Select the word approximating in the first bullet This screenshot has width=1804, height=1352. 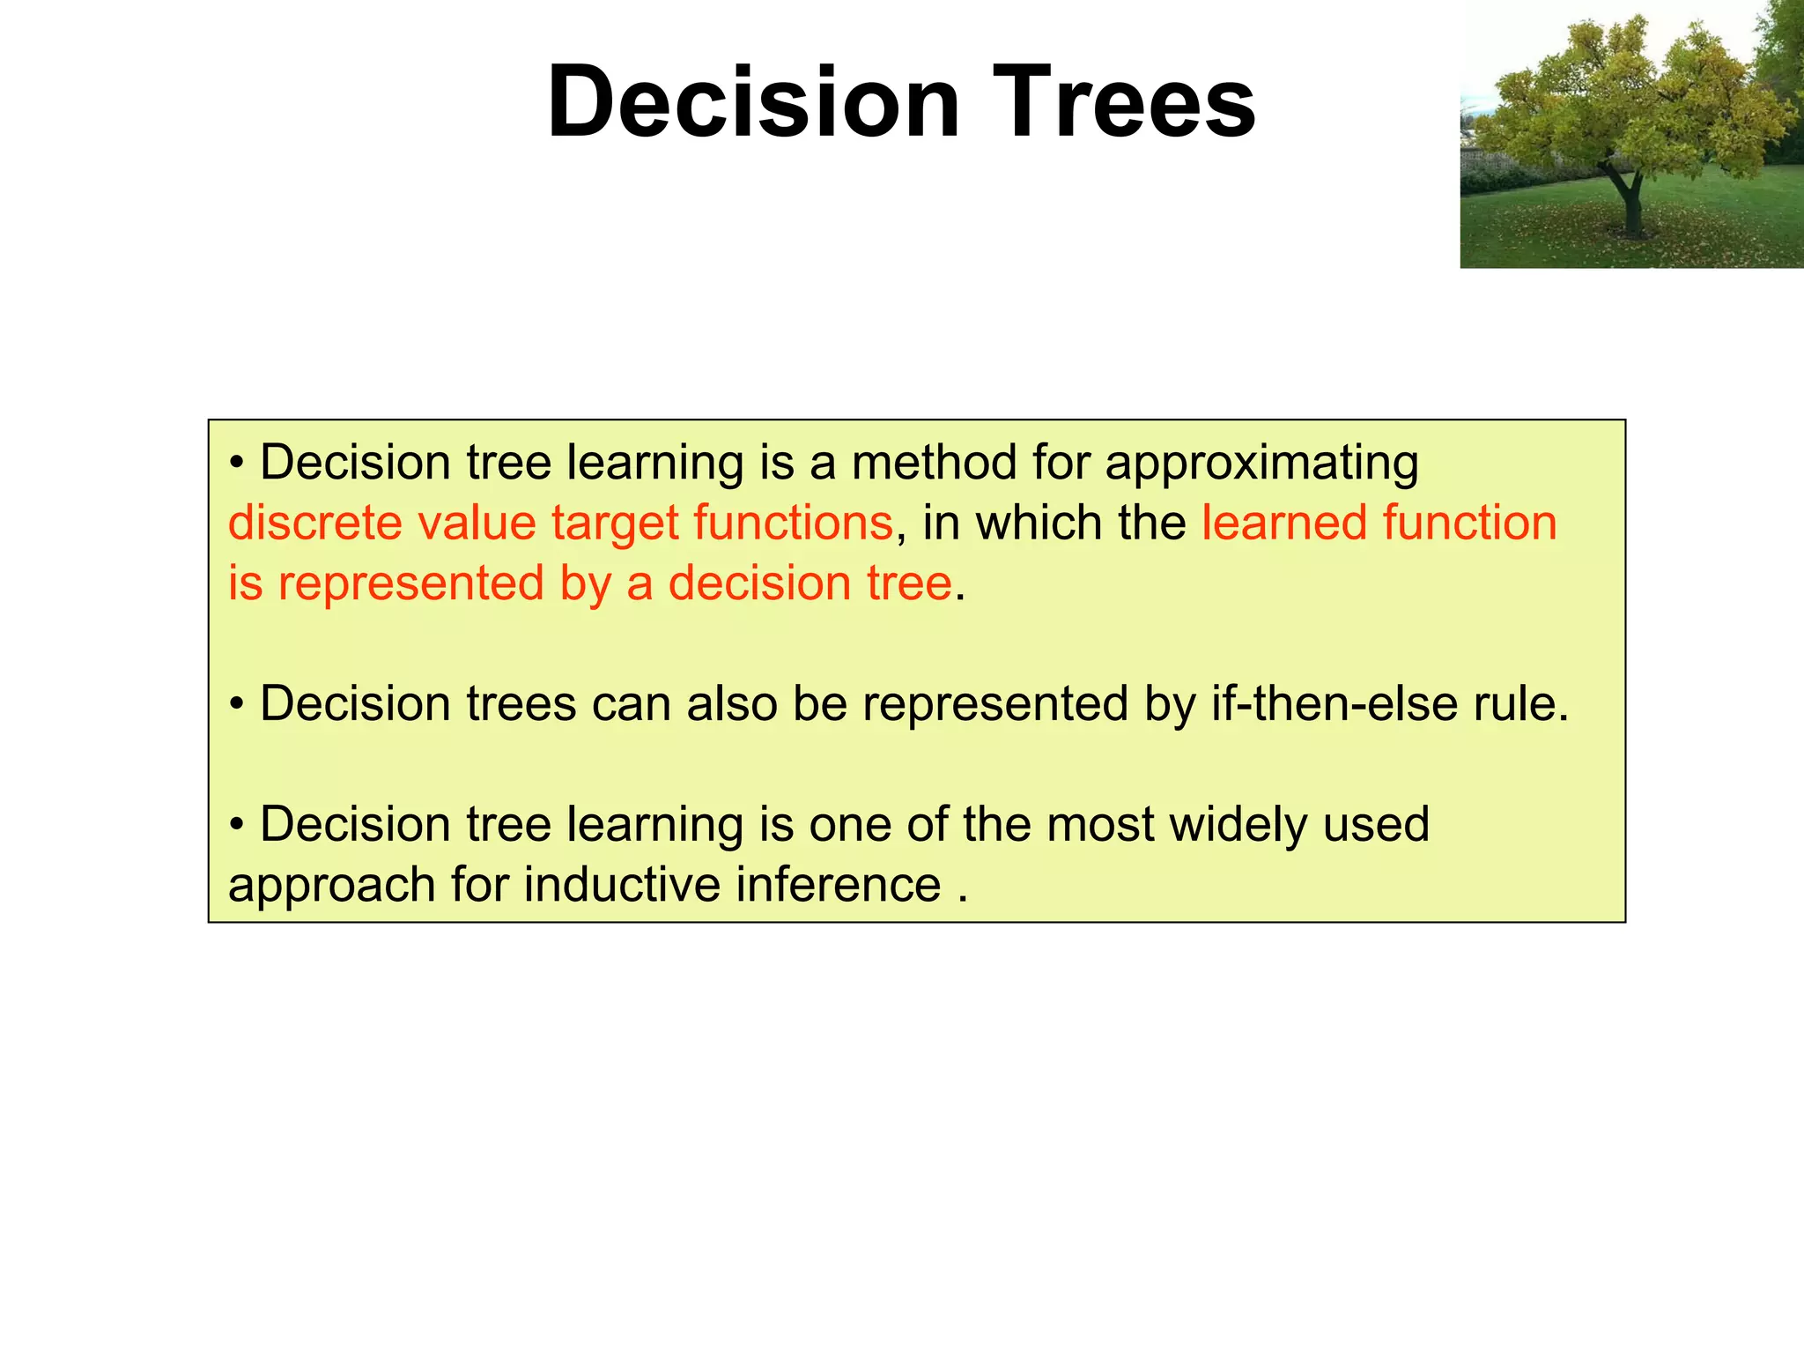click(1261, 464)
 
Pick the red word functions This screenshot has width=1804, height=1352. click(793, 523)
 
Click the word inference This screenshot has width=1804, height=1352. click(839, 885)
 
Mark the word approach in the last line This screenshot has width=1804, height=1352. click(332, 887)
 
